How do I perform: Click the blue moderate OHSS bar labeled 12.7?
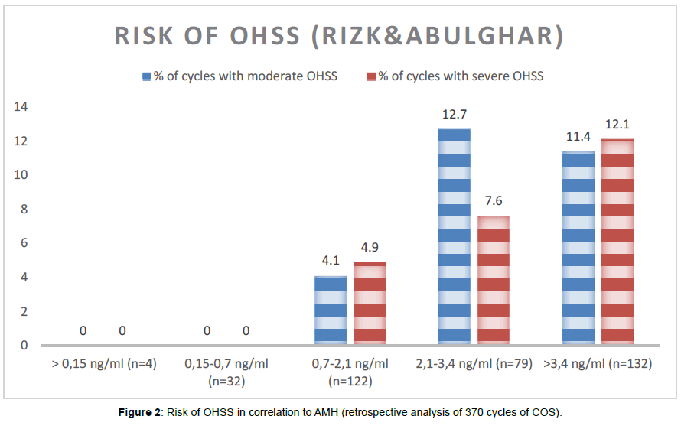[x=454, y=236]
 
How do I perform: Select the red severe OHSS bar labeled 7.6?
[x=494, y=280]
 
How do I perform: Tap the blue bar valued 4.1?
[x=331, y=310]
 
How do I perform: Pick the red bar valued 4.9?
[x=370, y=303]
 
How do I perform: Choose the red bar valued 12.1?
[x=617, y=242]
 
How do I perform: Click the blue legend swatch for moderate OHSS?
[x=147, y=76]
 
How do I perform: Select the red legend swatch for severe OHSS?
[x=371, y=76]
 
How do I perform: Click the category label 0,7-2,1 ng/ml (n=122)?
[x=350, y=371]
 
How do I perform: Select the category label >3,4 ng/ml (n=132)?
[x=597, y=363]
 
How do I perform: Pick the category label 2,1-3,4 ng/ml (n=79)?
[x=473, y=363]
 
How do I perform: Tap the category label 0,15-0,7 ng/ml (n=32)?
[x=226, y=371]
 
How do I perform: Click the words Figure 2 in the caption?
[x=138, y=414]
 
